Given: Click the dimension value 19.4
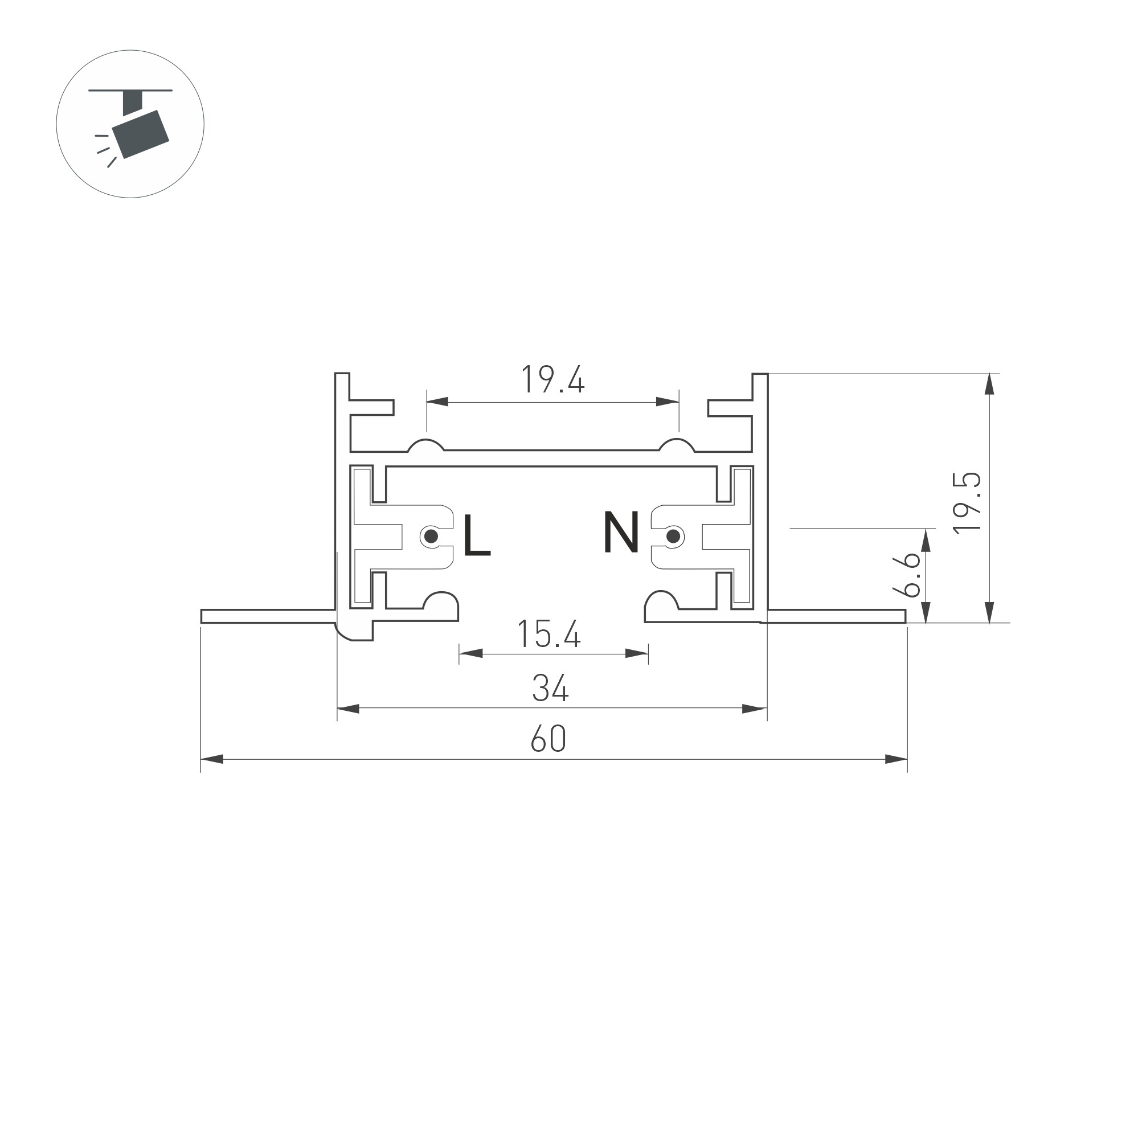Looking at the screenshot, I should [x=552, y=380].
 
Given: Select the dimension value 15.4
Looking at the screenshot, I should [x=549, y=635].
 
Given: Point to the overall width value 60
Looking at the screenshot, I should [x=548, y=739].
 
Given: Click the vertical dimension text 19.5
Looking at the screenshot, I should [x=967, y=502].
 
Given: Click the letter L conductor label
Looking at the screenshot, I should [x=476, y=535].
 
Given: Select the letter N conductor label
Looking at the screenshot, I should [x=621, y=533].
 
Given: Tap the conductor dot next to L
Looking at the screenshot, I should [x=431, y=536].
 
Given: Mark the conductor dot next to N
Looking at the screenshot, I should [x=673, y=537].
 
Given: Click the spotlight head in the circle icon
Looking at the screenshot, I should [x=141, y=134].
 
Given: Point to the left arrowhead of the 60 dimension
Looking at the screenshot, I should [x=212, y=759].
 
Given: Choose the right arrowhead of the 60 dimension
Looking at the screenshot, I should [x=895, y=759].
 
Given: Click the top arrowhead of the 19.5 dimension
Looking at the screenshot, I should [x=989, y=384].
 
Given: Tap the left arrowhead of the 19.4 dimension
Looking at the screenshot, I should [x=437, y=402].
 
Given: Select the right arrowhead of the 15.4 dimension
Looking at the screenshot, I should [x=636, y=653].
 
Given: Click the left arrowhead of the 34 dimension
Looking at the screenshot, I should [x=348, y=709].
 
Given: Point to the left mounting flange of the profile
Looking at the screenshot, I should [x=268, y=616].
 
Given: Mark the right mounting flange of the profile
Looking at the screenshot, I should [x=837, y=616].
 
